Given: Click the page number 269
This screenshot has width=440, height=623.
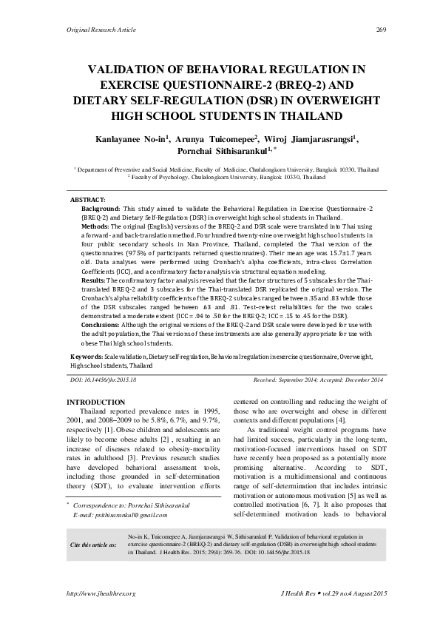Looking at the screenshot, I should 382,30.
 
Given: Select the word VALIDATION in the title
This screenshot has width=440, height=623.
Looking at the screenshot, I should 132,70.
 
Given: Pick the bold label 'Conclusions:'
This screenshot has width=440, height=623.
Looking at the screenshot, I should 101,323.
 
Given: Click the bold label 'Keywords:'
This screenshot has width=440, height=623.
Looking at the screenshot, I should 87,356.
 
